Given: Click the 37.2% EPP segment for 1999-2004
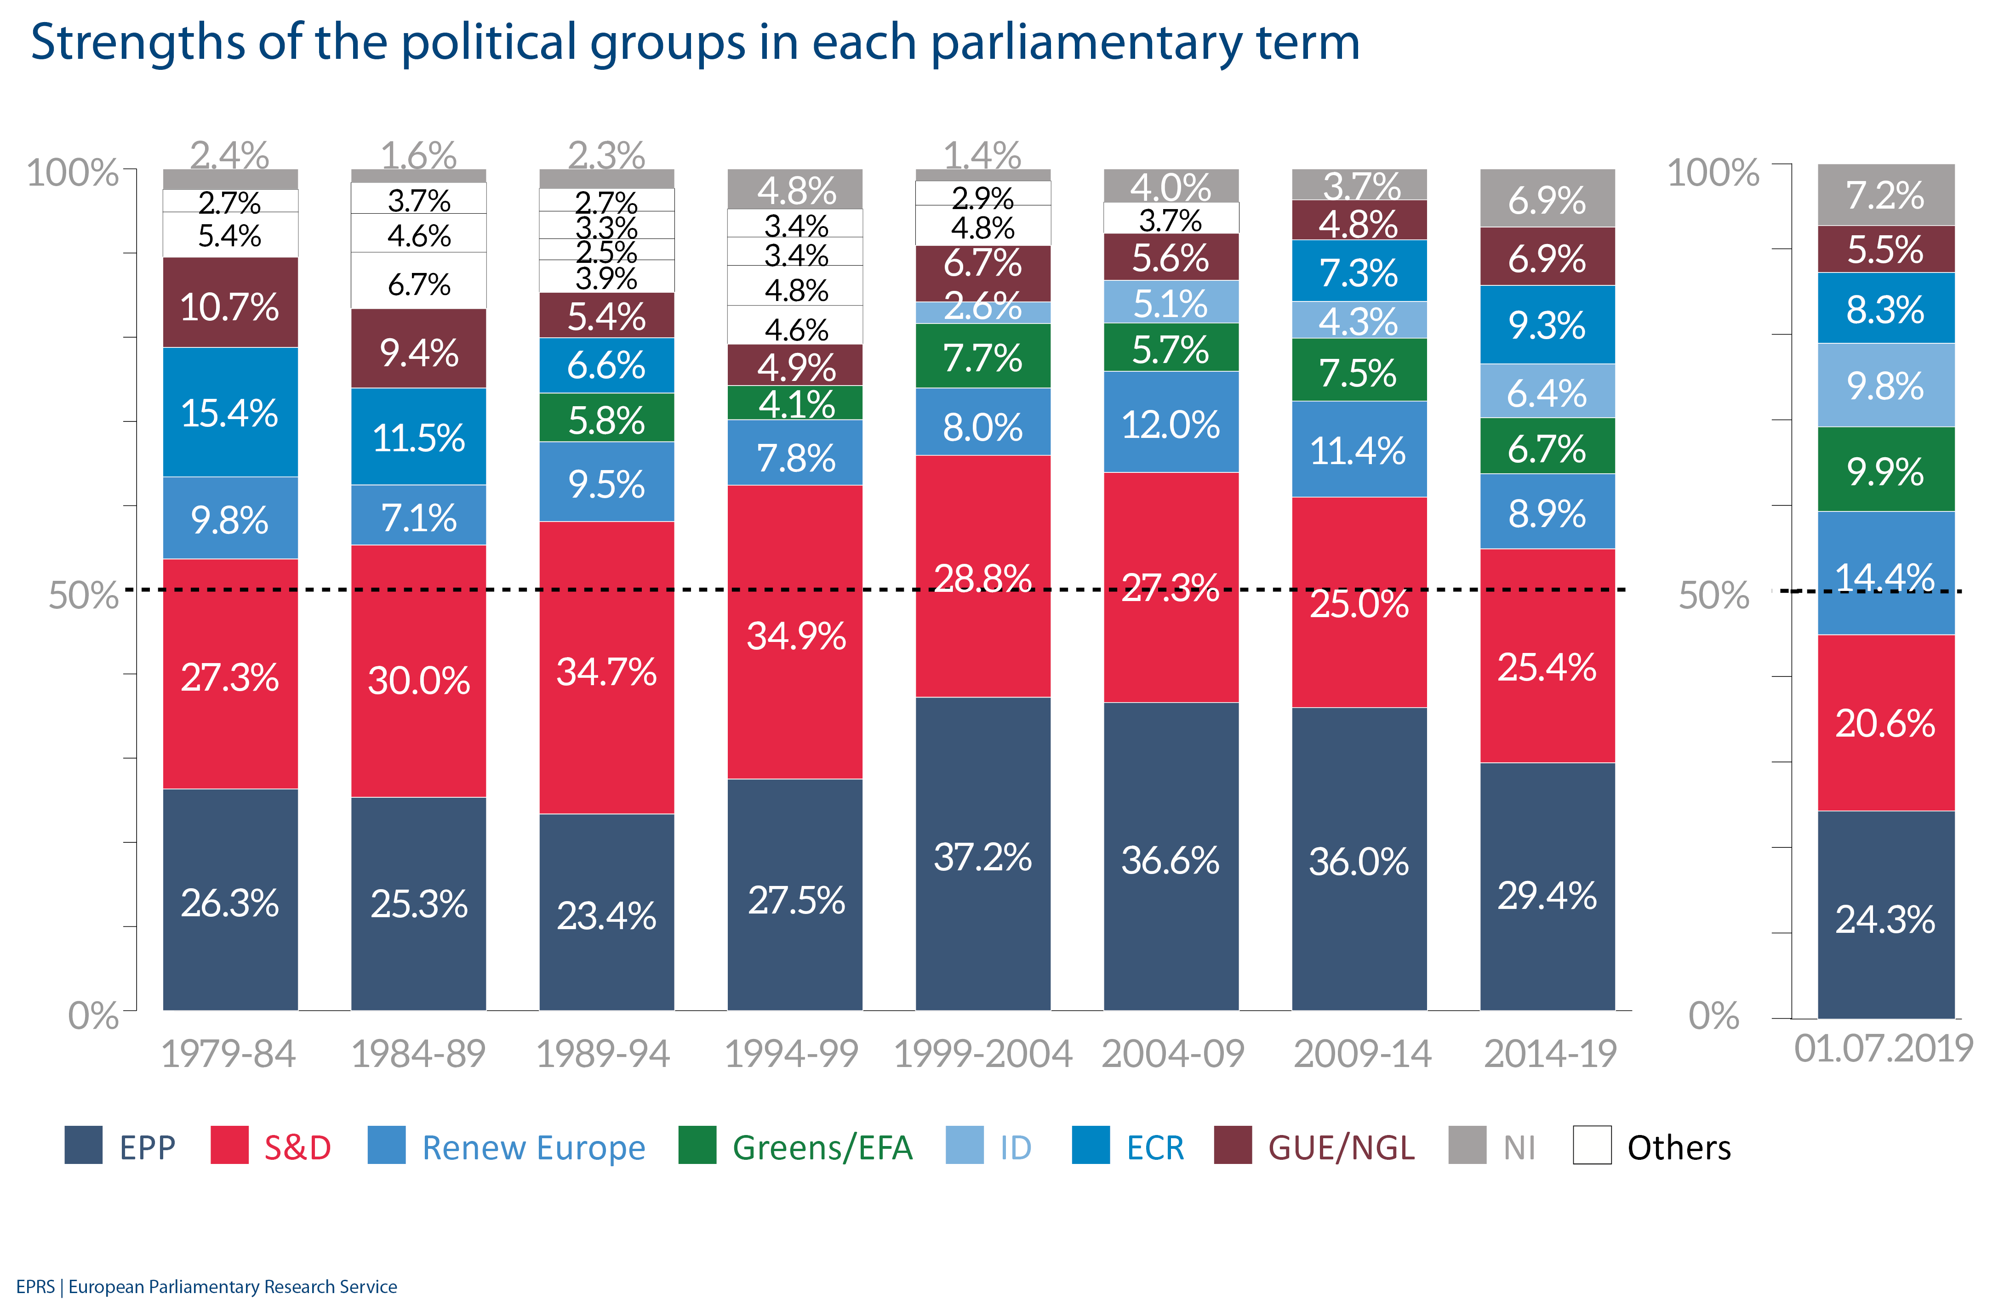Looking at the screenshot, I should point(982,854).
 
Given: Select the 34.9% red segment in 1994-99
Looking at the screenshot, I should point(795,632).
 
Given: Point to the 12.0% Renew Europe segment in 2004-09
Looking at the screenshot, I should point(1171,423).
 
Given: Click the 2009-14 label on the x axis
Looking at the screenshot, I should point(1362,1053).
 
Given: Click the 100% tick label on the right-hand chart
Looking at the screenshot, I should point(1713,172).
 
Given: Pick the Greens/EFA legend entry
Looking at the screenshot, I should point(821,1147).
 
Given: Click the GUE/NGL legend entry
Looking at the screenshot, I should point(1340,1147).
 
